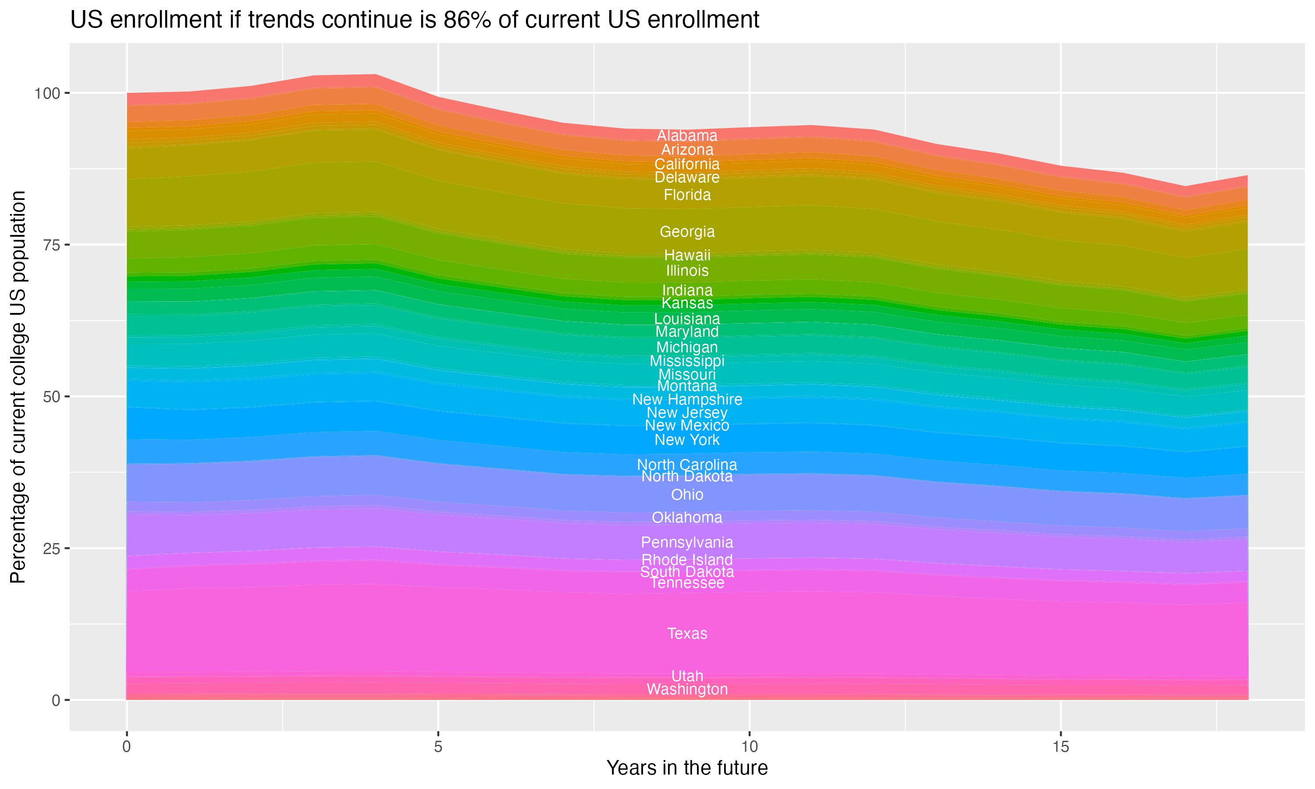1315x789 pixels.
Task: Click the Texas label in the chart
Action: tap(687, 634)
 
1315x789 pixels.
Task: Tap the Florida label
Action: tap(687, 195)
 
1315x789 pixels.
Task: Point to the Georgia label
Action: tap(687, 232)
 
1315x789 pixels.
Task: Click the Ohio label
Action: tap(687, 495)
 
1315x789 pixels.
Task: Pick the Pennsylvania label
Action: tap(687, 543)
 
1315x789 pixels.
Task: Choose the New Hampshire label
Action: tap(687, 399)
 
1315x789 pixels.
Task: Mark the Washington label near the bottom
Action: tap(687, 689)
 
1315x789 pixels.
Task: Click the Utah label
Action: tap(687, 676)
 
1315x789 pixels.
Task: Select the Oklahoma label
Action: tap(687, 518)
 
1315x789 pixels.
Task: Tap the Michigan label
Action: tap(687, 348)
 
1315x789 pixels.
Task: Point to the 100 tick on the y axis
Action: tap(47, 93)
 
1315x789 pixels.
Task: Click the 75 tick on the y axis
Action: tap(51, 245)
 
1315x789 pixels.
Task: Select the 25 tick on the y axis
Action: tap(51, 548)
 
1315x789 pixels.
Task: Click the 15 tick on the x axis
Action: tap(1060, 747)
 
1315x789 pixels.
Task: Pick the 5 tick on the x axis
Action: tap(438, 747)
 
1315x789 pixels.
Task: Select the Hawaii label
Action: tap(687, 255)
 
